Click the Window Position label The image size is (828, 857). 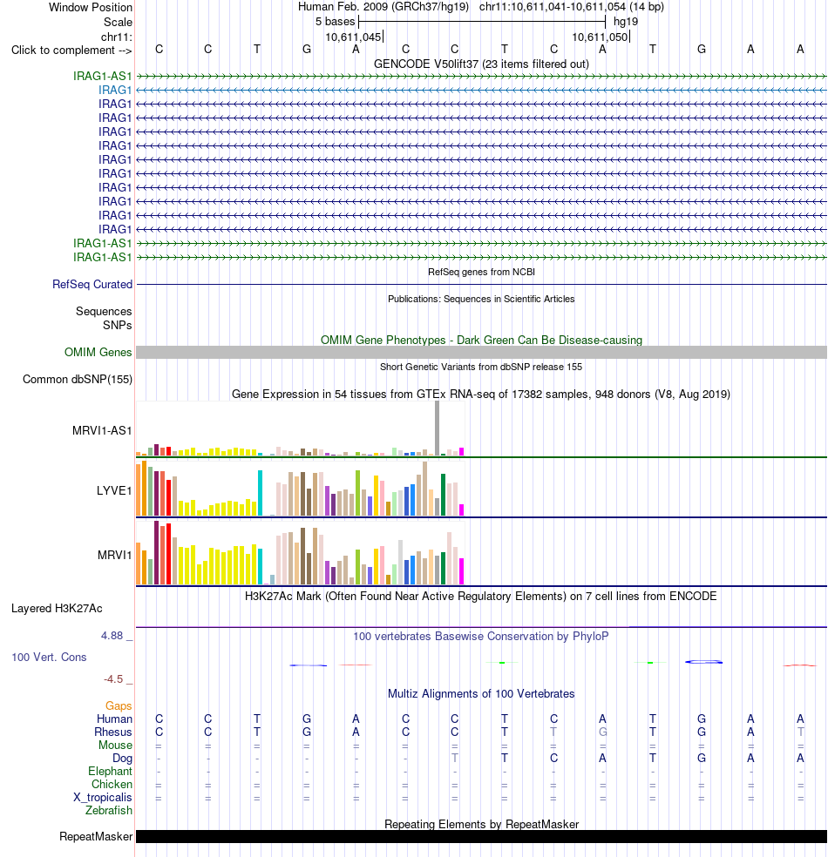[x=91, y=7]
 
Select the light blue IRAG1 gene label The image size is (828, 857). [x=115, y=90]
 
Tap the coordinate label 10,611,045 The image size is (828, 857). [x=353, y=37]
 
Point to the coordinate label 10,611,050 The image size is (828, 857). [x=600, y=37]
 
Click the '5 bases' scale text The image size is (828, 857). [x=335, y=21]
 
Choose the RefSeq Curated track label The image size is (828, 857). [x=92, y=284]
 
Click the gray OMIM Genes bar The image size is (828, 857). [x=481, y=353]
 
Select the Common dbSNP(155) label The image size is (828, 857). [x=77, y=380]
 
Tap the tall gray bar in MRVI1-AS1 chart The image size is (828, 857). [x=437, y=428]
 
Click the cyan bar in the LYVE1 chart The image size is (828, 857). [x=261, y=493]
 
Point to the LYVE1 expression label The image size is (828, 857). [x=114, y=490]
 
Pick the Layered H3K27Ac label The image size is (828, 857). [x=57, y=608]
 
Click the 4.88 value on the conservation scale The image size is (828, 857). [x=112, y=636]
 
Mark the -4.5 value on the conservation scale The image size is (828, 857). [x=113, y=679]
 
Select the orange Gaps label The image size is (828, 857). [x=119, y=705]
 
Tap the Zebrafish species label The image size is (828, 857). [x=108, y=811]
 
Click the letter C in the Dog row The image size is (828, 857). [x=554, y=758]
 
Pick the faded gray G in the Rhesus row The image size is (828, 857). [x=602, y=732]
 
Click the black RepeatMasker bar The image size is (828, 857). [x=481, y=837]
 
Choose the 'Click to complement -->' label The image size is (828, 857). [x=71, y=50]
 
